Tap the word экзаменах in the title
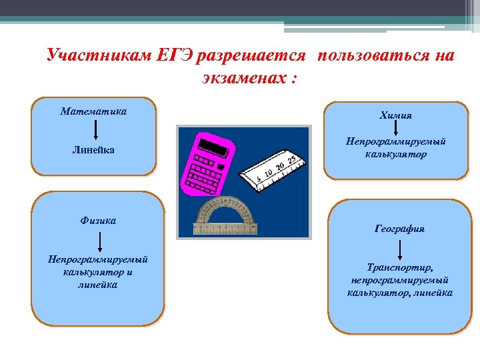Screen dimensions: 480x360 [238, 79]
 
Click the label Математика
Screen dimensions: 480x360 [93, 111]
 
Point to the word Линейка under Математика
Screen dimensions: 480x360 [93, 151]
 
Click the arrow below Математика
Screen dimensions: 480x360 [93, 129]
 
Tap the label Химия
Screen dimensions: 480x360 [395, 115]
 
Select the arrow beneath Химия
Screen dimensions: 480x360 [395, 129]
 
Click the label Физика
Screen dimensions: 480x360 [99, 220]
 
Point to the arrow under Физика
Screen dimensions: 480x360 [99, 239]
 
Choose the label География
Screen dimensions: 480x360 [399, 229]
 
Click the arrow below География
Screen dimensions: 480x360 [399, 249]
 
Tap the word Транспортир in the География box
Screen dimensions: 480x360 [399, 267]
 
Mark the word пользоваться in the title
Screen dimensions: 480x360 [376, 56]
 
